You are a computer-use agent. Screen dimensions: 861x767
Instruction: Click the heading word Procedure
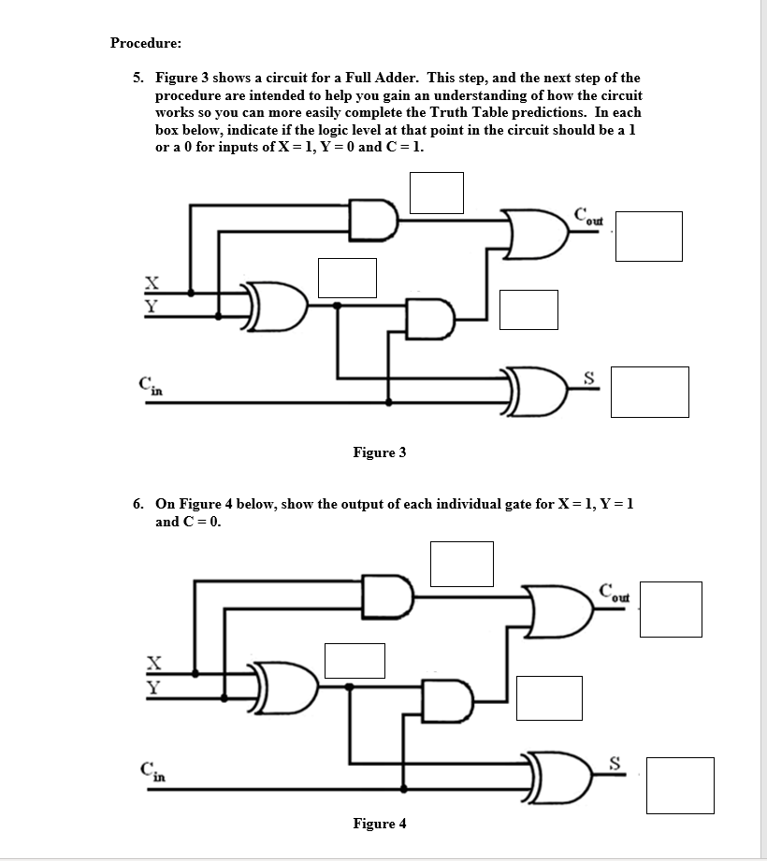(x=146, y=43)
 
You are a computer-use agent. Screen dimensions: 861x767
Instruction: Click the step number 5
(x=137, y=78)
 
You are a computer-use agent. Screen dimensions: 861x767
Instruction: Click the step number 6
(x=137, y=503)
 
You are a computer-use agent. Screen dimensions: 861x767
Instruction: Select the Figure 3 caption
(x=379, y=452)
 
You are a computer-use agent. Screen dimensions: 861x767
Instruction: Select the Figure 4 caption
(x=379, y=824)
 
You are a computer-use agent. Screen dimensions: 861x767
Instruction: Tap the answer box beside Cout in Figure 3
(x=648, y=237)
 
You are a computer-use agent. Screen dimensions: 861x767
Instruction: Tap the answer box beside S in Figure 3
(x=649, y=392)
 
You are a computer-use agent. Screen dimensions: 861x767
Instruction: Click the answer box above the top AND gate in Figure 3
(x=435, y=192)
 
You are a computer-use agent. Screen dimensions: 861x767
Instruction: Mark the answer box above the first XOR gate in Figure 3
(x=347, y=278)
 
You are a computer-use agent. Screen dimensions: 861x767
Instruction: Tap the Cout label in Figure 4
(x=615, y=592)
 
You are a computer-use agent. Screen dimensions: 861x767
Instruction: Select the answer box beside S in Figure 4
(x=679, y=785)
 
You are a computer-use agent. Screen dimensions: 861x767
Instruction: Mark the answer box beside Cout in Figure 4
(x=670, y=610)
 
